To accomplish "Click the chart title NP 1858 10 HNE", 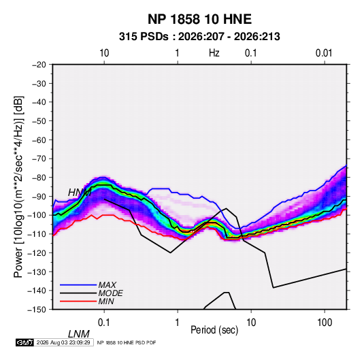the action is tap(199, 19).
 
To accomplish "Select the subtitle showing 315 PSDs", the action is tap(199, 37).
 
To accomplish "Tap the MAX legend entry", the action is tap(107, 284).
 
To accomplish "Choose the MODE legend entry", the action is tap(110, 293).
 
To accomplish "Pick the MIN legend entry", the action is tap(106, 301).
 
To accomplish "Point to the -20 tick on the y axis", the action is tap(39, 65).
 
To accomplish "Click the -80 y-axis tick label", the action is tap(39, 178).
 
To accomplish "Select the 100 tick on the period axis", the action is tap(325, 323).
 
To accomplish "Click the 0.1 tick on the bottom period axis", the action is tap(104, 323).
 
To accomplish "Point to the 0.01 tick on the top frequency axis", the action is tap(324, 53).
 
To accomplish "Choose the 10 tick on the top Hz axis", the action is tap(104, 53).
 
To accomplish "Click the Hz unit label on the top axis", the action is tap(214, 53).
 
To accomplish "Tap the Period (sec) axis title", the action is tap(214, 330).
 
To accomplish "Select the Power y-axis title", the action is tap(18, 186).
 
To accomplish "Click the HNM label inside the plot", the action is tap(80, 193).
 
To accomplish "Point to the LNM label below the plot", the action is tap(79, 334).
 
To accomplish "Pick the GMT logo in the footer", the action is tap(25, 342).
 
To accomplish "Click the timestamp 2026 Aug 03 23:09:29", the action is tap(63, 342).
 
